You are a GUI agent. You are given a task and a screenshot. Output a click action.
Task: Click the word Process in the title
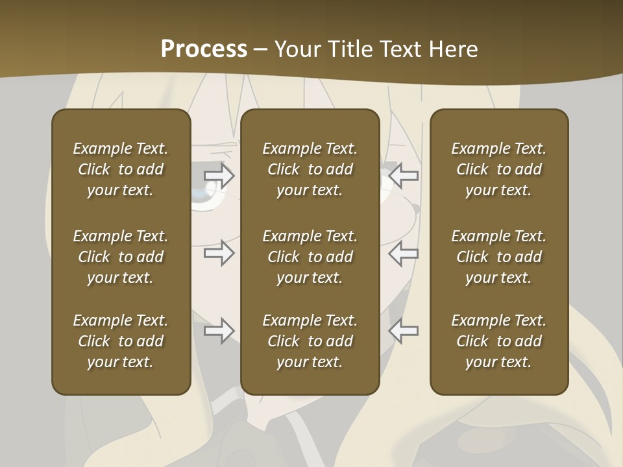pos(204,49)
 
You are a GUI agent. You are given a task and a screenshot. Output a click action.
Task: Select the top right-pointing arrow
pos(219,175)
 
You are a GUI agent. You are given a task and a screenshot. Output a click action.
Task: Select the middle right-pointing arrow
pos(219,253)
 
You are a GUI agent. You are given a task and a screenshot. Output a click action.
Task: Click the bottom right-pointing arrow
pos(219,331)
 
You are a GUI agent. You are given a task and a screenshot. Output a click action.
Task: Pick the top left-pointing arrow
pos(403,175)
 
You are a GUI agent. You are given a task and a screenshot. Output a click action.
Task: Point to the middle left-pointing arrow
pos(403,253)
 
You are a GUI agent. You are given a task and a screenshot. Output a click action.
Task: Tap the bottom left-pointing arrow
pos(403,331)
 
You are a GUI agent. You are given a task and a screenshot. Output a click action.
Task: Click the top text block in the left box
pos(121,169)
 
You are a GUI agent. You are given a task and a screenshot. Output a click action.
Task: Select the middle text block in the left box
pos(121,257)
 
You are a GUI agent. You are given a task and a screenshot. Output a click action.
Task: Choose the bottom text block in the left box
pos(121,341)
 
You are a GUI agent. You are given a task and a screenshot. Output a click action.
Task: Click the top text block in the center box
pos(310,169)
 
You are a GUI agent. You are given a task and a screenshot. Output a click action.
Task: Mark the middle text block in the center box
pos(310,257)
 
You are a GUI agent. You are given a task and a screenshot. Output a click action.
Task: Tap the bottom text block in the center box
pos(310,341)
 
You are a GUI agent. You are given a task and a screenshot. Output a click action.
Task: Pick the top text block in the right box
pos(498,169)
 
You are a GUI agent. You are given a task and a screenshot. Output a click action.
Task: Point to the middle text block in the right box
pos(498,257)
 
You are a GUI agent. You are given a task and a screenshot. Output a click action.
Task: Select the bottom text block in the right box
pos(498,341)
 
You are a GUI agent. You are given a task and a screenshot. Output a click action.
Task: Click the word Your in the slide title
pos(296,49)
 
